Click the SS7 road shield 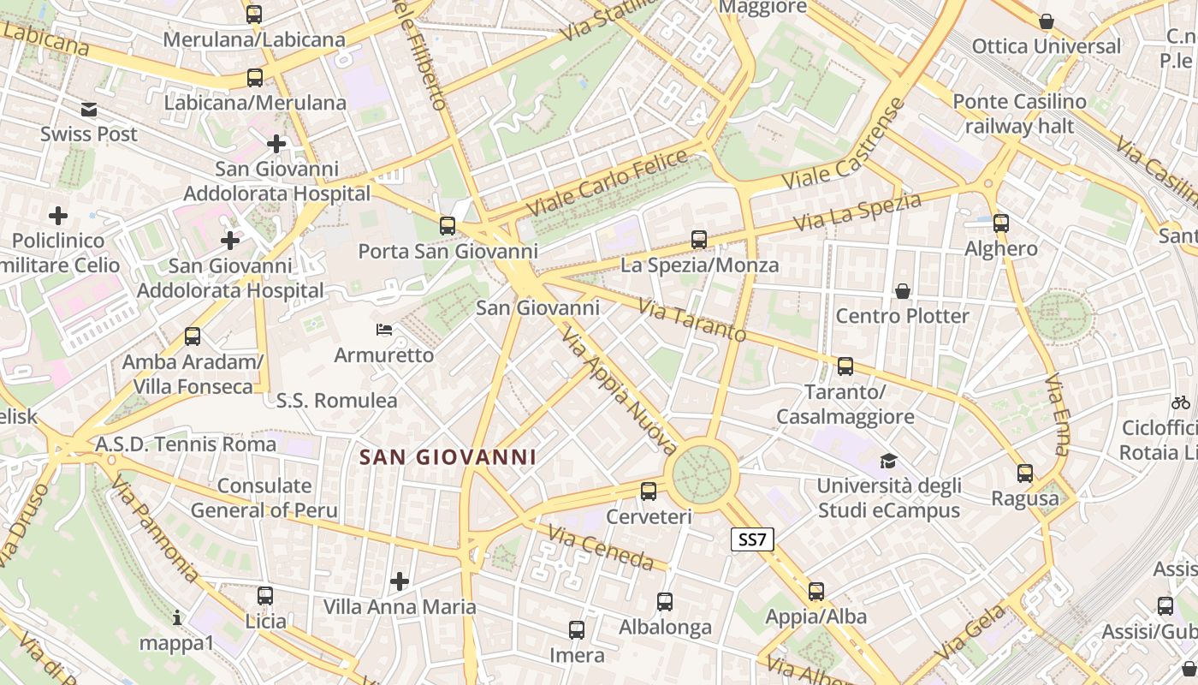pyautogui.click(x=753, y=539)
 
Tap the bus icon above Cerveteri pyautogui.click(x=649, y=491)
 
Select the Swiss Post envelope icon pyautogui.click(x=89, y=110)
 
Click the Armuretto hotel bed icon pyautogui.click(x=384, y=330)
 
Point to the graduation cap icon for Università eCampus pyautogui.click(x=888, y=462)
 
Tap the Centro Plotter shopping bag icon pyautogui.click(x=902, y=291)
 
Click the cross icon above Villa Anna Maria pyautogui.click(x=399, y=582)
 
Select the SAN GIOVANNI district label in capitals pyautogui.click(x=448, y=457)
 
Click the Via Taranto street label pyautogui.click(x=692, y=320)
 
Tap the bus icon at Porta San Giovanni pyautogui.click(x=448, y=226)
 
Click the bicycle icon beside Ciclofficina pyautogui.click(x=1181, y=402)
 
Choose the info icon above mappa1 pyautogui.click(x=177, y=617)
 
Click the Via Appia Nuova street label pyautogui.click(x=620, y=390)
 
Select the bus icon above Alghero pyautogui.click(x=1001, y=223)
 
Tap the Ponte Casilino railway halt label pyautogui.click(x=1019, y=114)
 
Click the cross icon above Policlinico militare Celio pyautogui.click(x=58, y=216)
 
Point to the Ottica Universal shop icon pyautogui.click(x=1046, y=21)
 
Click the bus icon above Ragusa pyautogui.click(x=1024, y=473)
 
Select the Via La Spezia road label pyautogui.click(x=857, y=211)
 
